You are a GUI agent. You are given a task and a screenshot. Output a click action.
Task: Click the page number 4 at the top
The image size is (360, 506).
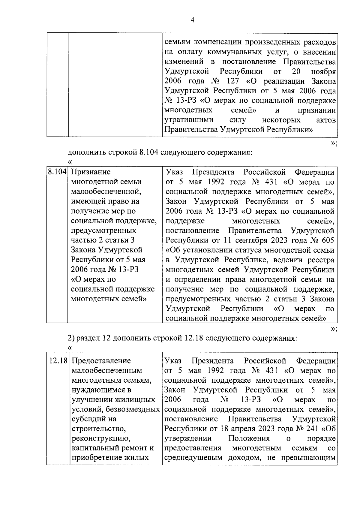click(193, 20)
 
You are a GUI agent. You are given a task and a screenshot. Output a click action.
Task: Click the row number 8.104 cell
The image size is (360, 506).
click(57, 172)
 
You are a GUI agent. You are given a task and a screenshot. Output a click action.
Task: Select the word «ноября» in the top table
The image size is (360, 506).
click(323, 72)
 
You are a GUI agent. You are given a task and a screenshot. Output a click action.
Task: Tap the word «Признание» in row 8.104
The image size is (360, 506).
click(91, 172)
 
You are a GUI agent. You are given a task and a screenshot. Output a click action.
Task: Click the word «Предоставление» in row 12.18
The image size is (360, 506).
click(101, 361)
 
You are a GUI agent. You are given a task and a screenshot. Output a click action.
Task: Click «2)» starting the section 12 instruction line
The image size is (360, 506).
click(71, 339)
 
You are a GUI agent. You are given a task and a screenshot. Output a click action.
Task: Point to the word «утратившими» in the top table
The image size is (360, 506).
click(189, 120)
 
